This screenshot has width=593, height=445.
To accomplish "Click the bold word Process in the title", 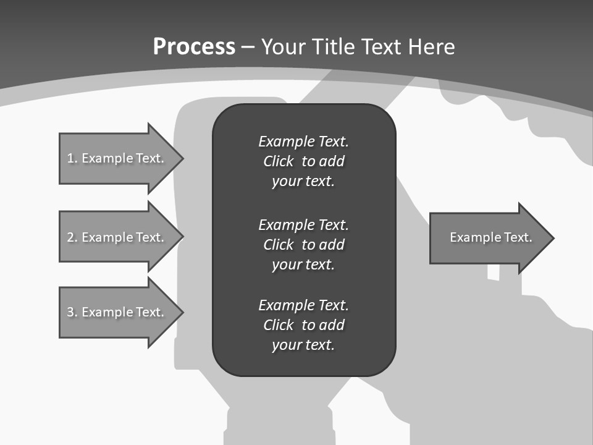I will pyautogui.click(x=194, y=47).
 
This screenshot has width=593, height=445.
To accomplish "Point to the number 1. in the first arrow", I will pyautogui.click(x=72, y=158).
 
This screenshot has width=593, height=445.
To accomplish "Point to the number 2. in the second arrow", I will pyautogui.click(x=72, y=237).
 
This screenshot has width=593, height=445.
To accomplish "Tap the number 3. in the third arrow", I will pyautogui.click(x=72, y=312).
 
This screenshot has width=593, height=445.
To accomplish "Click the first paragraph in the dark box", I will pyautogui.click(x=303, y=161).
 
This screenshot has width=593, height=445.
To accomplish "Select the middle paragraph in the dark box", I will pyautogui.click(x=303, y=244).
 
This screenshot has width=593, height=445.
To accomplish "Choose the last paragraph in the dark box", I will pyautogui.click(x=303, y=325).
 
